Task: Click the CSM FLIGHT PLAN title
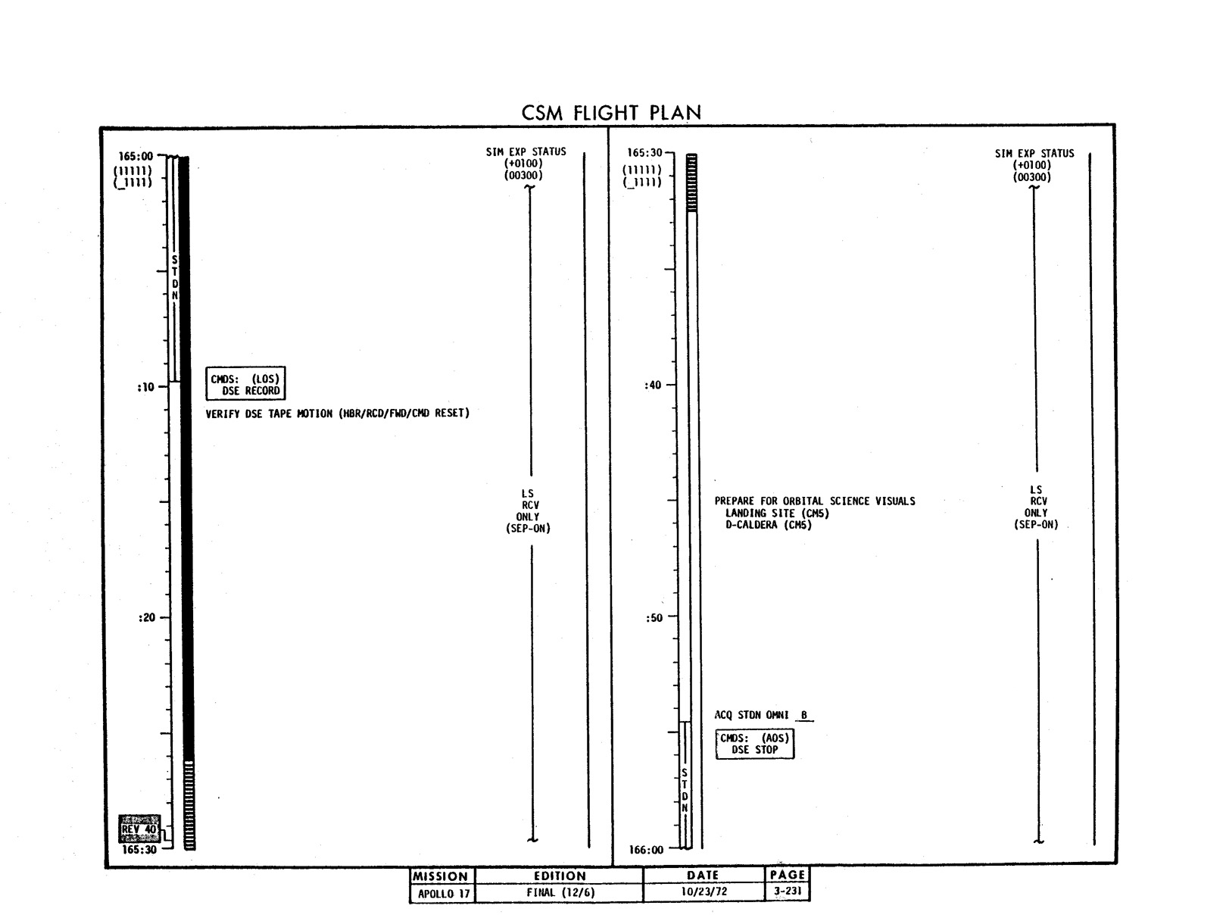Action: point(610,113)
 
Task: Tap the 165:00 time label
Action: point(136,157)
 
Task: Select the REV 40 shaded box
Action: point(139,829)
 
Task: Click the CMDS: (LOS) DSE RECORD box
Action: point(245,383)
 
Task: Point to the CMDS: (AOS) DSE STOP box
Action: point(755,745)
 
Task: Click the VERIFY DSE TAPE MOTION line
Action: point(338,414)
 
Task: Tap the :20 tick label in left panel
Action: point(147,617)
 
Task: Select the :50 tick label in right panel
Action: point(654,617)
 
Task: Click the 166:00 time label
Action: point(646,850)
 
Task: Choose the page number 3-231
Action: point(788,891)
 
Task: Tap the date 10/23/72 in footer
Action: point(704,891)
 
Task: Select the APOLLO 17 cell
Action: point(444,894)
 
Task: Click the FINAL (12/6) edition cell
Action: point(560,892)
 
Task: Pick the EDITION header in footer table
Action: point(560,876)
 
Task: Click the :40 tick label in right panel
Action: point(653,385)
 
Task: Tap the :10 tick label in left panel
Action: point(145,387)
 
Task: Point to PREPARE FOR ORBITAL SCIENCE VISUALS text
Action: point(815,501)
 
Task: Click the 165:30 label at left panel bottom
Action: point(139,850)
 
